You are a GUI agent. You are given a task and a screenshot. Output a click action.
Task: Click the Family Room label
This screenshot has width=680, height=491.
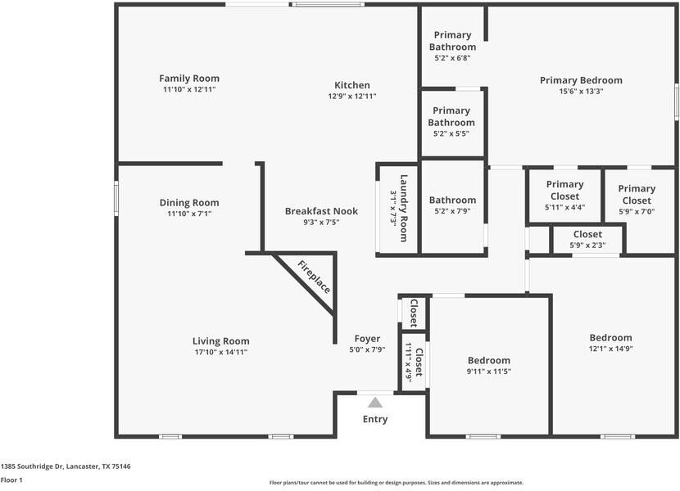(x=189, y=79)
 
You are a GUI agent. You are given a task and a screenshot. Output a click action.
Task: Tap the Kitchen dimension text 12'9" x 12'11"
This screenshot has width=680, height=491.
(x=352, y=97)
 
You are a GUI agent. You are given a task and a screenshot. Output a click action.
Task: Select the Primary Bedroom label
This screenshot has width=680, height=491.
(x=581, y=80)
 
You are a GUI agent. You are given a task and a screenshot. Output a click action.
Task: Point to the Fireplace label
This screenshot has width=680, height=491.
(x=314, y=277)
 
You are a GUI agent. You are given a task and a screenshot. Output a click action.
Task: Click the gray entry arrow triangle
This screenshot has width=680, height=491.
(x=375, y=402)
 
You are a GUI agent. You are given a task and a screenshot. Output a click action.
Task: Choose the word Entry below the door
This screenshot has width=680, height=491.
(x=375, y=420)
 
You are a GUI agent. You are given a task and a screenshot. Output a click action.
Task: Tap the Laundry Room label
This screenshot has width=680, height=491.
(x=403, y=208)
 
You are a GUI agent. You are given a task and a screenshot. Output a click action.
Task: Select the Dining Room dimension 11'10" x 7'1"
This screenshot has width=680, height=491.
(x=189, y=214)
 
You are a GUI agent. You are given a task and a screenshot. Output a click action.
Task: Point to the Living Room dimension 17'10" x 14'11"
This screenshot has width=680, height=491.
(x=220, y=352)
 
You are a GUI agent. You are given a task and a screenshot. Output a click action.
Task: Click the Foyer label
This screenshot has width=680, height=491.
(x=367, y=339)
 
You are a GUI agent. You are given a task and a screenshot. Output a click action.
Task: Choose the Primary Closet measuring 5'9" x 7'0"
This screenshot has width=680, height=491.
(x=637, y=195)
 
